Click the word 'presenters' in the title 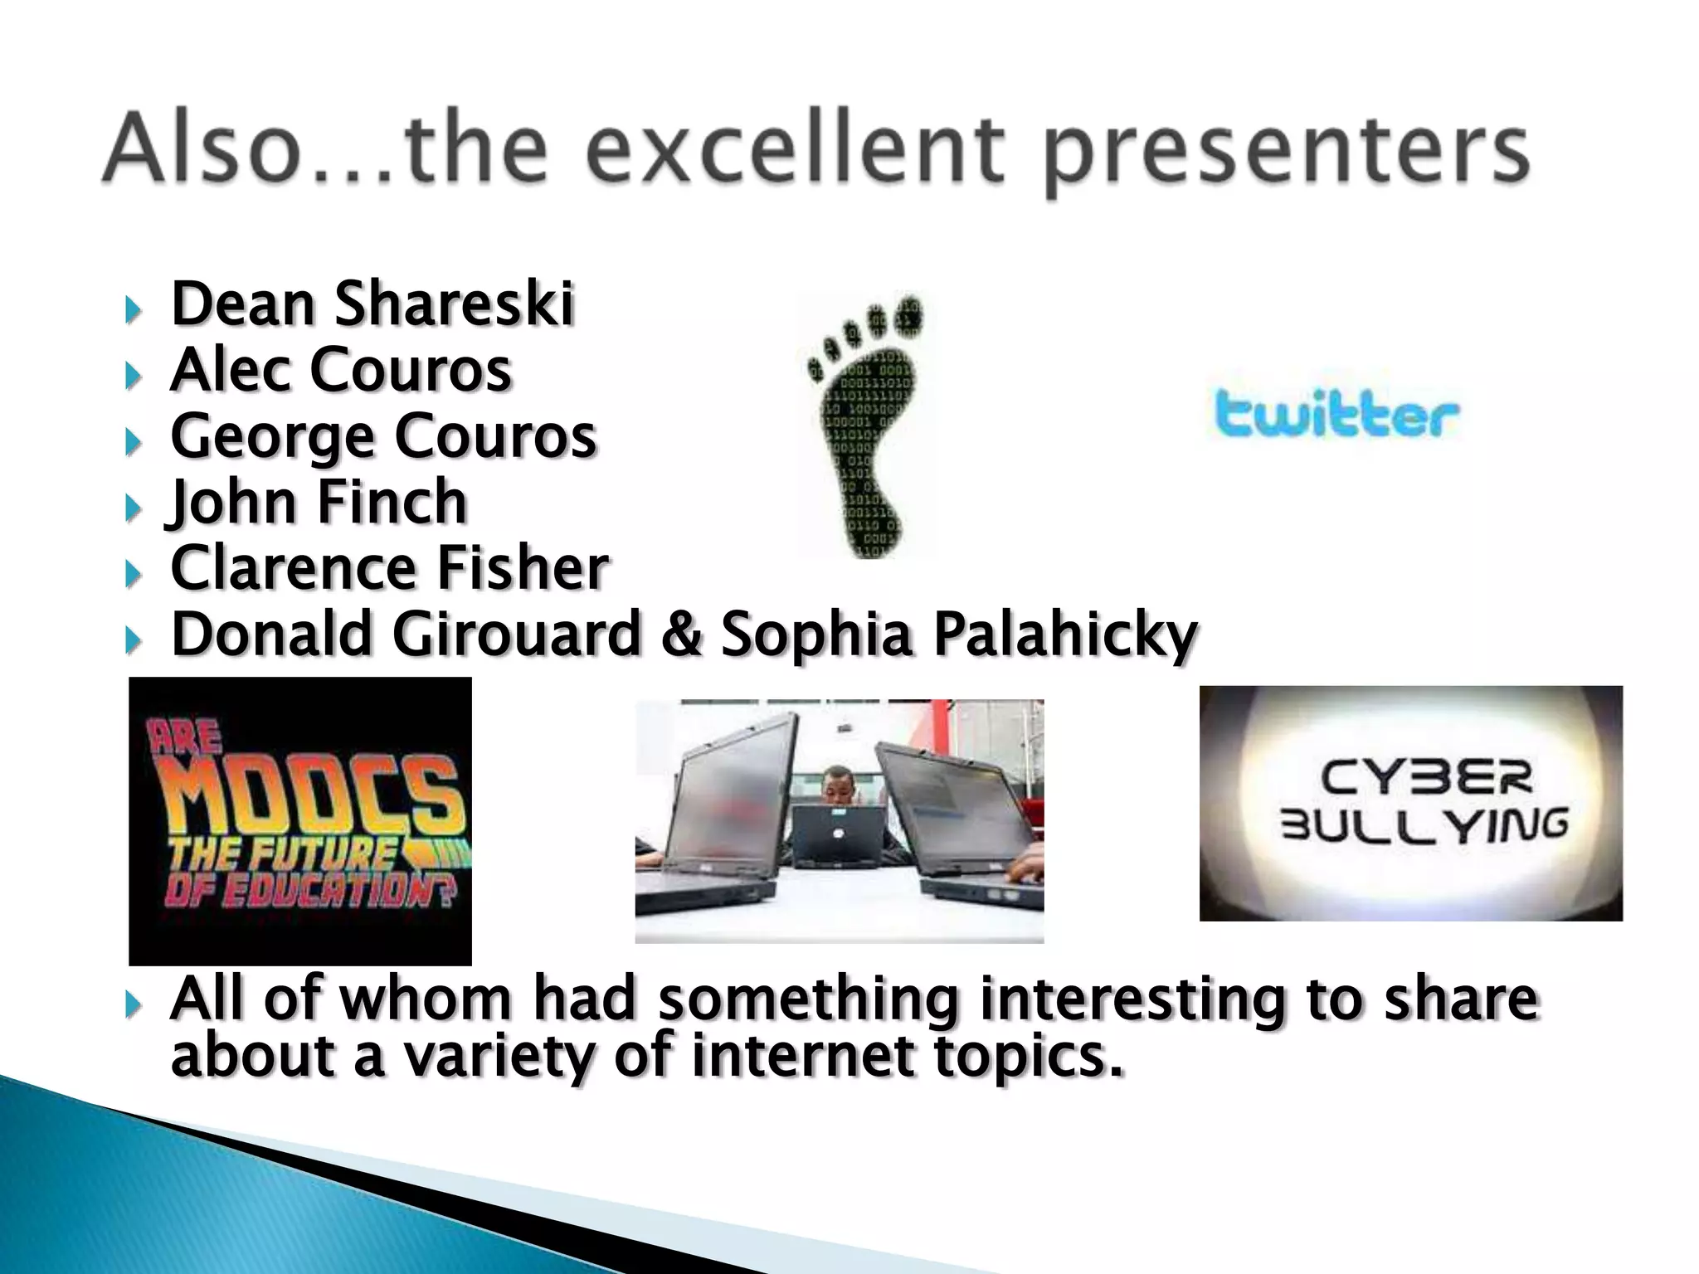coord(1285,153)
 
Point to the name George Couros coord(383,436)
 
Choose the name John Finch coord(319,502)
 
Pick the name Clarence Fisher coord(390,568)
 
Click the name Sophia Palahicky coord(959,635)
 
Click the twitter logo coord(1336,415)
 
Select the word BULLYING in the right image coord(1424,825)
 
